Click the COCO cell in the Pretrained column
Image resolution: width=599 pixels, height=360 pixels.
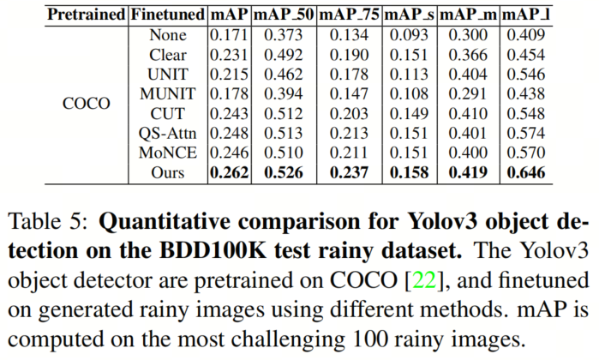click(87, 104)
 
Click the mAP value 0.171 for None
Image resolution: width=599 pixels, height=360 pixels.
click(229, 36)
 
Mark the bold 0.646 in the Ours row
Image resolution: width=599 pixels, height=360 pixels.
click(528, 173)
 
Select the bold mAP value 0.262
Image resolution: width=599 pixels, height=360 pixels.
click(229, 173)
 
